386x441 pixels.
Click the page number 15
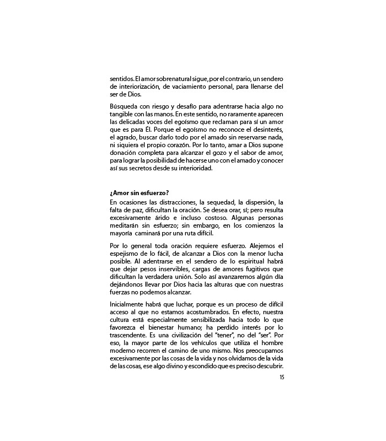[x=281, y=378]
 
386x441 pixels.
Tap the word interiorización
[x=140, y=87]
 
